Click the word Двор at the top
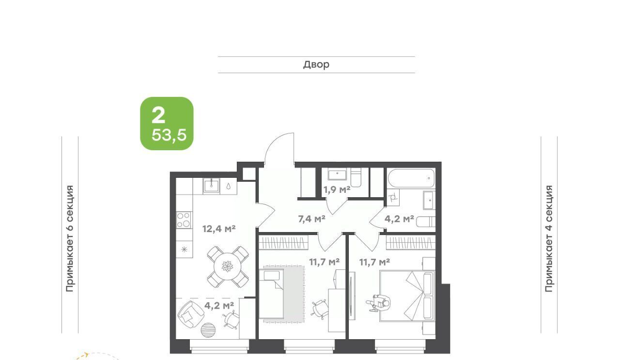316,64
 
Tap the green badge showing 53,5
167,124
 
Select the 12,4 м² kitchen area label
218,229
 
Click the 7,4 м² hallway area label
311,219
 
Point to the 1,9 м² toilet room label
337,190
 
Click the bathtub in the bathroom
411,178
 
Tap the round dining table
227,266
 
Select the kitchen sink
212,185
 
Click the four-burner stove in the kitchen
184,220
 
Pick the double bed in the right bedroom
407,296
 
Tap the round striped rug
208,330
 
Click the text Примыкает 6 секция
70,238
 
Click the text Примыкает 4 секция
549,238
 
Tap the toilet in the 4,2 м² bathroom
425,222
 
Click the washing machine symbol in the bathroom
393,198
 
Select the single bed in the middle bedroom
271,294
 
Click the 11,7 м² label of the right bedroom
375,262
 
